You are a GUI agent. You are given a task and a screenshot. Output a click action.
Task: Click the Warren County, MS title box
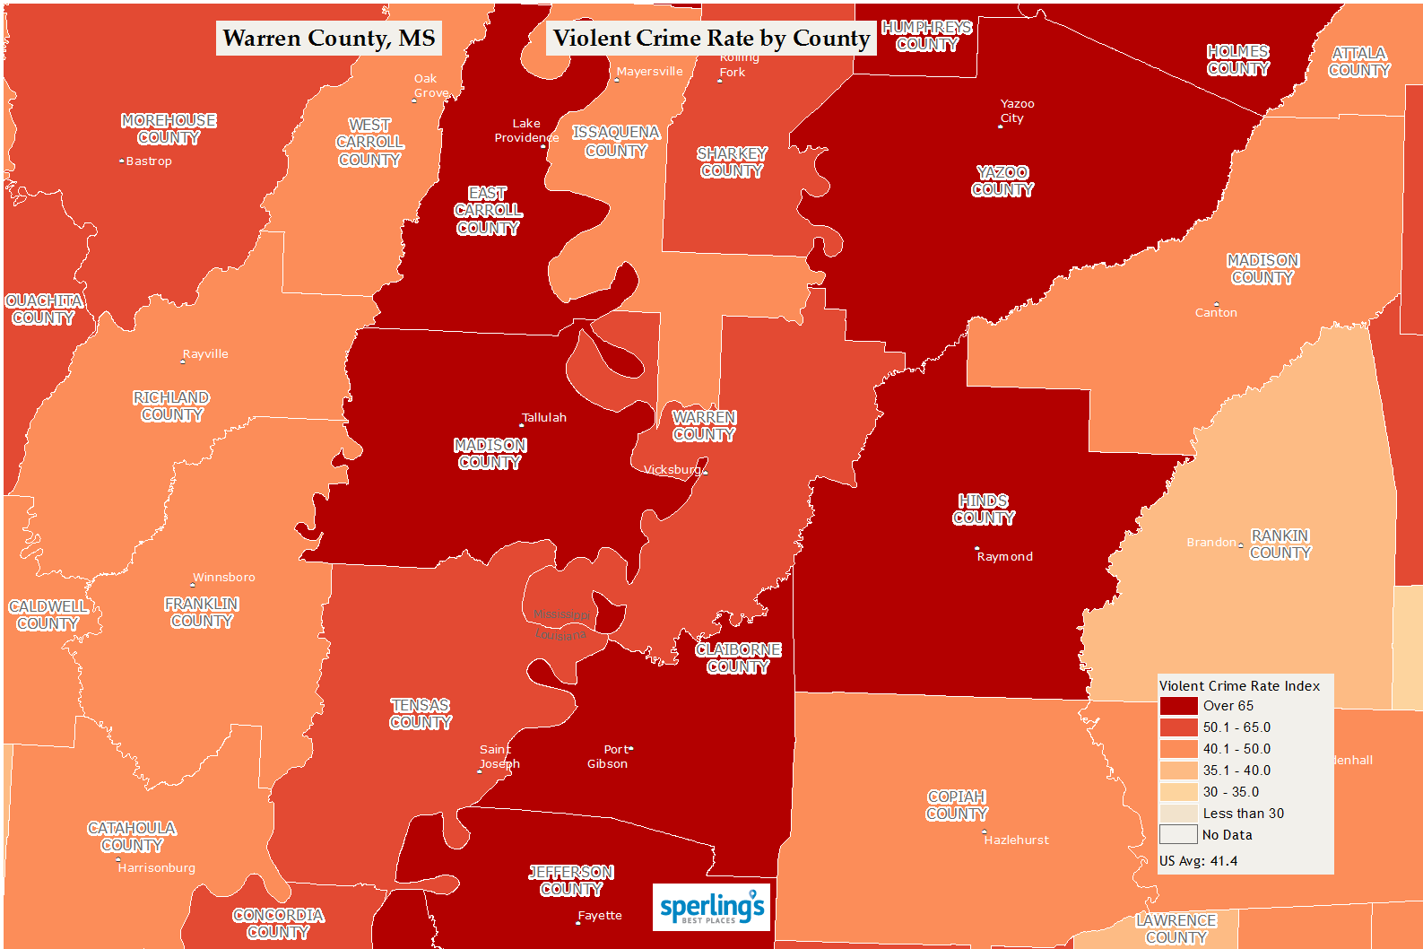click(x=328, y=39)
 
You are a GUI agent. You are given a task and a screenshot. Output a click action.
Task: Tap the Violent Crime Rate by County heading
click(x=711, y=39)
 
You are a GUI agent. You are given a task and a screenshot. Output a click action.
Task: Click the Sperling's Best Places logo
click(x=711, y=907)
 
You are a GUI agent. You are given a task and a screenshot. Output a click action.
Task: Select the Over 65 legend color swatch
click(x=1178, y=706)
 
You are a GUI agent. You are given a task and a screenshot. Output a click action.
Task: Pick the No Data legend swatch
click(x=1178, y=835)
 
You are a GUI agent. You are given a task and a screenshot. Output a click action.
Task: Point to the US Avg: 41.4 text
click(x=1198, y=861)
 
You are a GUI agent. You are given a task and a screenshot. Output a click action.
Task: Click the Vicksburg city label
click(x=672, y=470)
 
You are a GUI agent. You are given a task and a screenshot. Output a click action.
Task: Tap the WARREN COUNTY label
click(x=704, y=426)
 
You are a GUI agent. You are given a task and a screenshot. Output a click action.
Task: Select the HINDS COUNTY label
click(x=984, y=509)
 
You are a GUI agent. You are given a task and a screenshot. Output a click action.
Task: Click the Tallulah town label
click(x=544, y=418)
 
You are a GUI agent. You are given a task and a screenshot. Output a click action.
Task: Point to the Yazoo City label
click(x=1016, y=111)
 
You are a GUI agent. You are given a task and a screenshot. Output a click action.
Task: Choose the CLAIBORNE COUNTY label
click(x=738, y=658)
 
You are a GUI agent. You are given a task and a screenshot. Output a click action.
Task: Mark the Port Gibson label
click(x=609, y=757)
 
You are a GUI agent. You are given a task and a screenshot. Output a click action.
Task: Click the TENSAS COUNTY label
click(x=421, y=714)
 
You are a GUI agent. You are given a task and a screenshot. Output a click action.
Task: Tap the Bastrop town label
click(x=148, y=161)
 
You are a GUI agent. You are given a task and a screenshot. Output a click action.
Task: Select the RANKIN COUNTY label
click(x=1280, y=544)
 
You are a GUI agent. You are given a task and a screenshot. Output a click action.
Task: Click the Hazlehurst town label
click(x=1016, y=840)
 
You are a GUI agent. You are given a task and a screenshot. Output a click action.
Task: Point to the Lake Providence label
click(x=526, y=131)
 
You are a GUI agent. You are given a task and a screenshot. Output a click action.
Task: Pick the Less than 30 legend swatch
click(x=1178, y=814)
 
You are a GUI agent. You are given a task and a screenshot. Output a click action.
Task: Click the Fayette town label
click(x=600, y=916)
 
